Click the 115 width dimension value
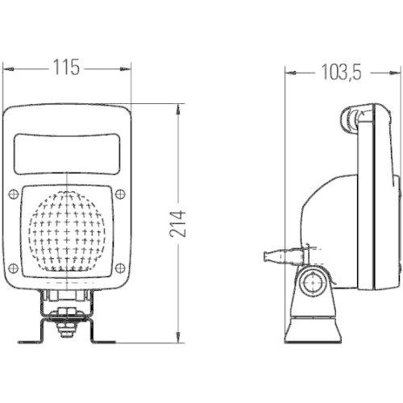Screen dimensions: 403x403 click(x=67, y=69)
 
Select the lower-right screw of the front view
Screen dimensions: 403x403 click(x=120, y=268)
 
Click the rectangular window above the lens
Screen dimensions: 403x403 click(x=67, y=151)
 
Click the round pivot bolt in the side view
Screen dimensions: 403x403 click(x=312, y=282)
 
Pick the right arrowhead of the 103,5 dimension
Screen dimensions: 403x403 click(x=397, y=73)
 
